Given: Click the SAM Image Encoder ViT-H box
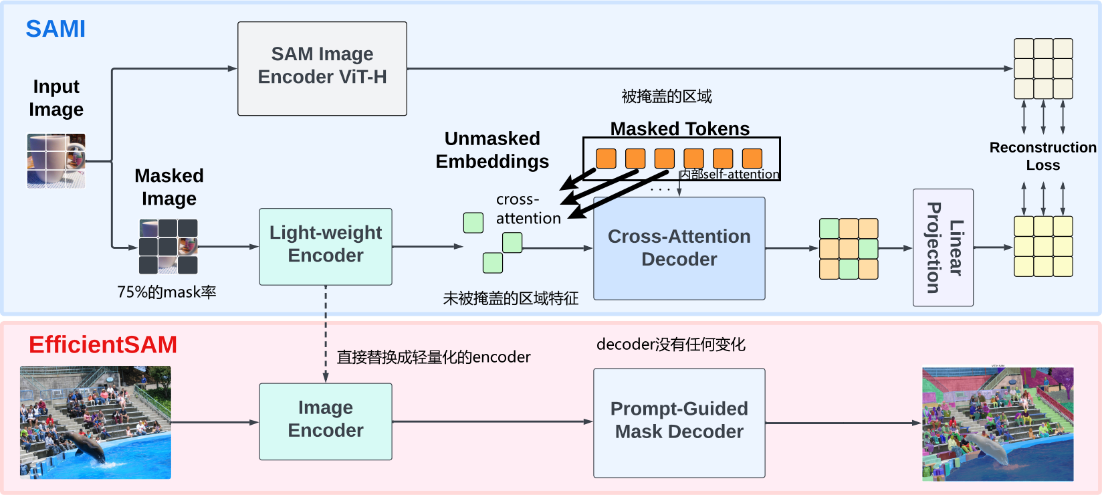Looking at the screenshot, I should (x=322, y=68).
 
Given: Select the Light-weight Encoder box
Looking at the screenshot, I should (x=326, y=246).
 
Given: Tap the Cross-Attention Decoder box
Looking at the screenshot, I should (x=679, y=248).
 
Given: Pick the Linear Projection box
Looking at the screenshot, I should (x=943, y=248).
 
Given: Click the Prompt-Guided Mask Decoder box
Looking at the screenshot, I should (x=679, y=422).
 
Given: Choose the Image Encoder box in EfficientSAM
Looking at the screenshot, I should (x=326, y=421).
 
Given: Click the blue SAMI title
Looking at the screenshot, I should (x=56, y=29).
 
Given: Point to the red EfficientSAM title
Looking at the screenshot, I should (x=103, y=344).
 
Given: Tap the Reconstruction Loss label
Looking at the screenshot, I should (x=1042, y=156).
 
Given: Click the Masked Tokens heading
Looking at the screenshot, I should (x=680, y=128).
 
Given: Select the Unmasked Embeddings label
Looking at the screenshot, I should (x=492, y=150).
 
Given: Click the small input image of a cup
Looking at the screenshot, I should (x=56, y=161).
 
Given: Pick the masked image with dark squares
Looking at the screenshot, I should (x=169, y=246).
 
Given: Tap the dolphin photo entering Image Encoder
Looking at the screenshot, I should (x=96, y=422).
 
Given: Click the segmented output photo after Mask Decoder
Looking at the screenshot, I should (x=998, y=423).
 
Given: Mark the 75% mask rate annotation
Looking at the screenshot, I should (x=167, y=292).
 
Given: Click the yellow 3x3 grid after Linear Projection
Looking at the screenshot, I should (x=1043, y=246).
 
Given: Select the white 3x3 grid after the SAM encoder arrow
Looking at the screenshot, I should (x=1043, y=69).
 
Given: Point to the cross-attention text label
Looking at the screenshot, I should (x=528, y=209).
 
